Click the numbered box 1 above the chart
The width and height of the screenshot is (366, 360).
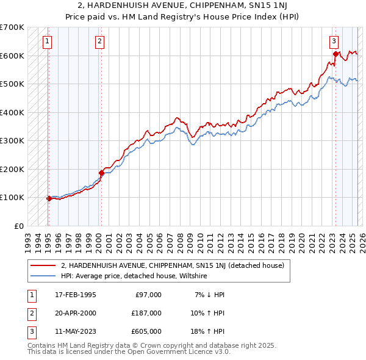click(48, 41)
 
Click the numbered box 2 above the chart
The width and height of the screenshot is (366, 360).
click(99, 41)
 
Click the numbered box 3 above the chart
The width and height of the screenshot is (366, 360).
click(334, 41)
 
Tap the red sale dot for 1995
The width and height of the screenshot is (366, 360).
click(48, 198)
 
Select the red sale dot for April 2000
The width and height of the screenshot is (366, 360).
click(101, 173)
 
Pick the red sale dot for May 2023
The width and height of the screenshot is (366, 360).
click(335, 54)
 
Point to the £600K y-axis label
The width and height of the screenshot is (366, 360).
click(12, 56)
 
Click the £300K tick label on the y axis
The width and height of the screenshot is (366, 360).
click(12, 140)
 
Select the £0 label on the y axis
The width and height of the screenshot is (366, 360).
click(18, 226)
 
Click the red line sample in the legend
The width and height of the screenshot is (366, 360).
click(44, 265)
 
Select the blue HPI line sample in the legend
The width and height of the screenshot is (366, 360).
click(44, 276)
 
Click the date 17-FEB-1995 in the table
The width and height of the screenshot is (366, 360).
click(76, 295)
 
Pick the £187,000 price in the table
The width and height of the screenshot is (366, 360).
click(146, 313)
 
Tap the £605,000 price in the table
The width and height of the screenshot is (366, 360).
click(146, 331)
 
